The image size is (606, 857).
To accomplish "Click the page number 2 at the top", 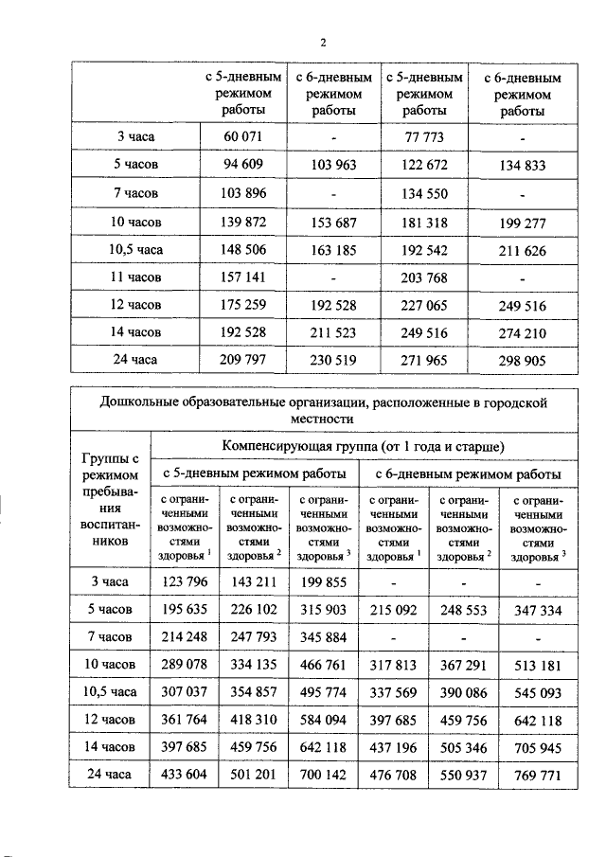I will coord(322,43).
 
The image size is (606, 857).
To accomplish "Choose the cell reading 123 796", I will coord(184,584).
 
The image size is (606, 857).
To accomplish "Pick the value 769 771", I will coord(537,774).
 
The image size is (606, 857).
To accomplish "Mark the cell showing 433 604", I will coord(184,774).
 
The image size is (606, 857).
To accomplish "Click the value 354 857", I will coord(252,692).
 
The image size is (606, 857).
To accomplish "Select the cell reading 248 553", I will coord(462,611).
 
